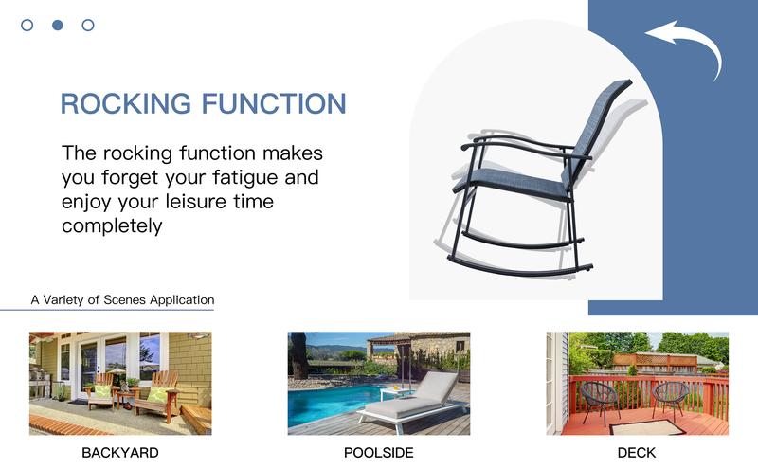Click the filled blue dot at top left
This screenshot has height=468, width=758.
pos(57,26)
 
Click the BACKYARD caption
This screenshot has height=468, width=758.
pos(120,453)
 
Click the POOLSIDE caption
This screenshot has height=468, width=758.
pos(379,453)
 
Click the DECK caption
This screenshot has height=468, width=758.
pos(637,453)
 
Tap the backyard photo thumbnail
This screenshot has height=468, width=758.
pos(120,383)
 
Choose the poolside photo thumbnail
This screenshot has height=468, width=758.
pos(379,383)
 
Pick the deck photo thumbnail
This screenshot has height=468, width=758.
pos(637,383)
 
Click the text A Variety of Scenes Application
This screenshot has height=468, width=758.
pos(121,299)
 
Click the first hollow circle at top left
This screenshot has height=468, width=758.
pos(27,26)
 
